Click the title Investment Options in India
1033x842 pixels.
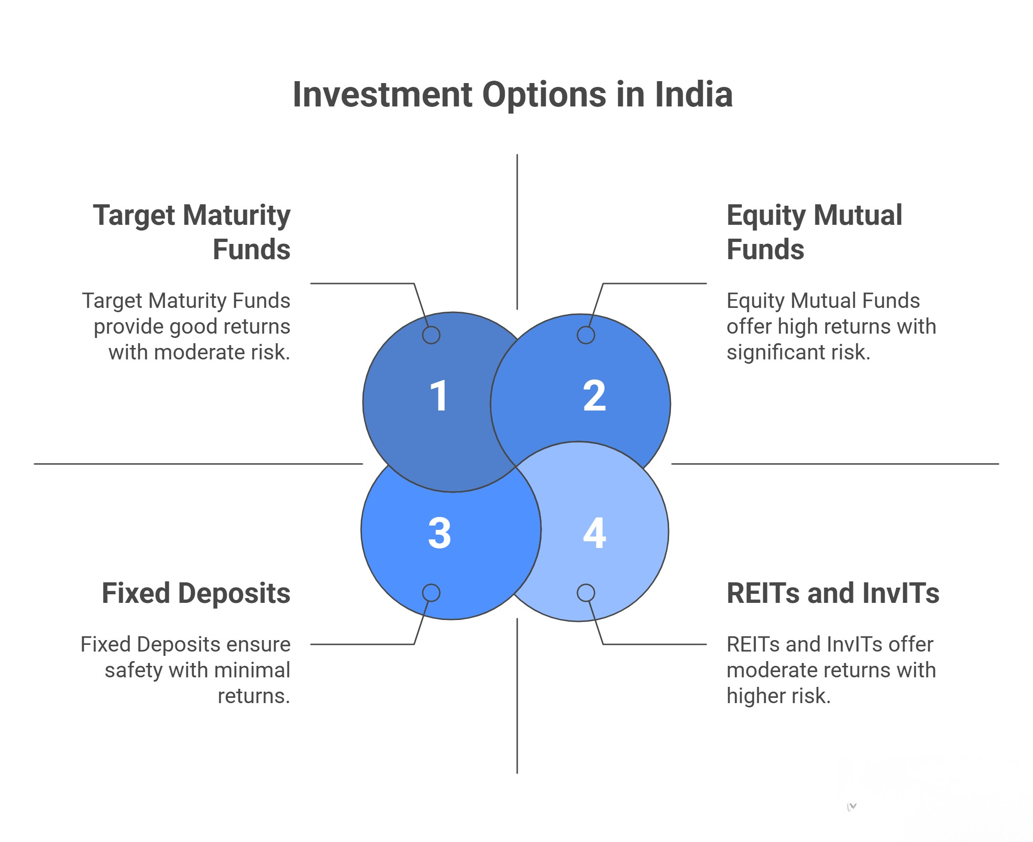[x=512, y=95]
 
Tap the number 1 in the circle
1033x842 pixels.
[x=438, y=396]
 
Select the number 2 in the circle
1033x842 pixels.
[x=594, y=396]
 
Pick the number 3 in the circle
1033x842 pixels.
[x=439, y=533]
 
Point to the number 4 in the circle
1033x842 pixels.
[x=595, y=533]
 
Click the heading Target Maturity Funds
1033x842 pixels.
[x=192, y=232]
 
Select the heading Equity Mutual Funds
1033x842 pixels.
[x=814, y=232]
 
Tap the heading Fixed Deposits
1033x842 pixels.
[x=196, y=593]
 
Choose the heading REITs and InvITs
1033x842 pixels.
[x=832, y=593]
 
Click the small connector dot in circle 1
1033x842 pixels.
[x=431, y=335]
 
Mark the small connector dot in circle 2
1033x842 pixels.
[x=586, y=335]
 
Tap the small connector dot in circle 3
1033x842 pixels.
[x=431, y=593]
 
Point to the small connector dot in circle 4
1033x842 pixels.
[x=586, y=593]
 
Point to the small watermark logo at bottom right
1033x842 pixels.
[x=852, y=807]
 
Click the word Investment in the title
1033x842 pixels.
[x=383, y=95]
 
